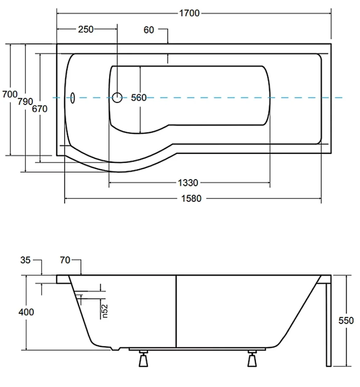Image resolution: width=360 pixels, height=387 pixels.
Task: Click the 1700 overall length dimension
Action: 189,13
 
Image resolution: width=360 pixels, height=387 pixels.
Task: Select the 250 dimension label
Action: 86,29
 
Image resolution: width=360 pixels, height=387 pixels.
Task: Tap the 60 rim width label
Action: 149,30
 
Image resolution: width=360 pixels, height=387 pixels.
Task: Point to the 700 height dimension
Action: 10,94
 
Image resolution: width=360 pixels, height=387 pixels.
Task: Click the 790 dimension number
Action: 25,101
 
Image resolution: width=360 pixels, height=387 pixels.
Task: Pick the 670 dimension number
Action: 40,109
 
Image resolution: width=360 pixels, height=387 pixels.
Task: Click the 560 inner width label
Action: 139,98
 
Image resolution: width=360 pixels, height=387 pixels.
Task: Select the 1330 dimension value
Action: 188,183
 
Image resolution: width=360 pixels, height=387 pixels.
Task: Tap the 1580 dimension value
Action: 191,199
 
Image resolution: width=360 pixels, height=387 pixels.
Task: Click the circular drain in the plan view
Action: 117,97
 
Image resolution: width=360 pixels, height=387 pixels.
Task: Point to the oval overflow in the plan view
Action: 72,98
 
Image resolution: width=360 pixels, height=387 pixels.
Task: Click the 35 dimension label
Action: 25,260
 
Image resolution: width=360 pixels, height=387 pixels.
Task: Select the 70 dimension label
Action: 65,260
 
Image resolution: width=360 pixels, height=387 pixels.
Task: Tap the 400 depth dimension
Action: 26,312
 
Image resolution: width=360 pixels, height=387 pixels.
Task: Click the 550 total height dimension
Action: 346,320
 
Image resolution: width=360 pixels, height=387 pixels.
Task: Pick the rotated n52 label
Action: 105,311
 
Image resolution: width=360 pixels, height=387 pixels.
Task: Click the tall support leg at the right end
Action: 329,325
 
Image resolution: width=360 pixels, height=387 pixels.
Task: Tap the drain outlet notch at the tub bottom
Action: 115,349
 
